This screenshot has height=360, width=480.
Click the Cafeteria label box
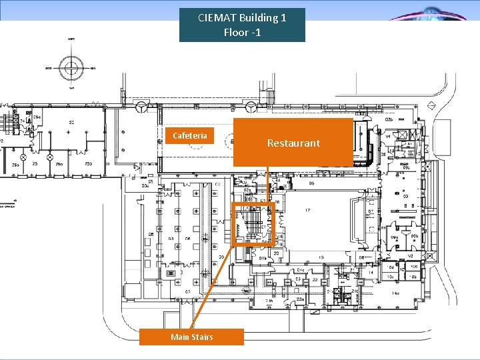(x=190, y=135)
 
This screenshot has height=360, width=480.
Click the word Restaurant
(x=293, y=143)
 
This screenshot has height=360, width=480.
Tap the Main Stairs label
(x=191, y=337)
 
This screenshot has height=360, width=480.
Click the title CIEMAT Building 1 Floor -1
(x=242, y=25)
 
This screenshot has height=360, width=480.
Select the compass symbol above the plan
(x=70, y=67)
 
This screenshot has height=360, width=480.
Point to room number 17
(x=308, y=211)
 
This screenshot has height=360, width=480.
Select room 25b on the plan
(x=59, y=164)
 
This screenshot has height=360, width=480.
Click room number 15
(x=321, y=257)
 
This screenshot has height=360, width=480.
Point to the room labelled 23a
(x=300, y=300)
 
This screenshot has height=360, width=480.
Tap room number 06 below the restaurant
(x=383, y=154)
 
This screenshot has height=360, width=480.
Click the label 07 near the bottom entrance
(x=188, y=291)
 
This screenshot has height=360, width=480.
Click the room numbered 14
(x=370, y=273)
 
